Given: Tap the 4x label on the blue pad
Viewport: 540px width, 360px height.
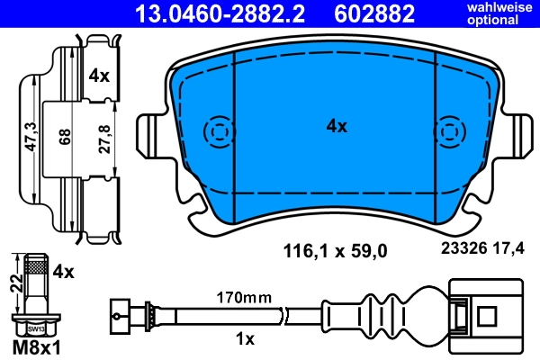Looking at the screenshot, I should pyautogui.click(x=336, y=127).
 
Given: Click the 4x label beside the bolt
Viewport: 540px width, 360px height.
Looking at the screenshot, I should pyautogui.click(x=64, y=269).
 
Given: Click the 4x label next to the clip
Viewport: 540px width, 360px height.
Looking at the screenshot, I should pyautogui.click(x=99, y=76).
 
